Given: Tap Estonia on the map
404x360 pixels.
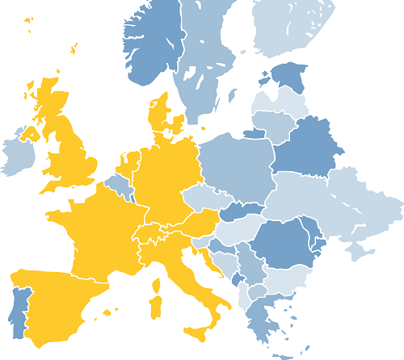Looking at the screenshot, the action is (288, 77).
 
